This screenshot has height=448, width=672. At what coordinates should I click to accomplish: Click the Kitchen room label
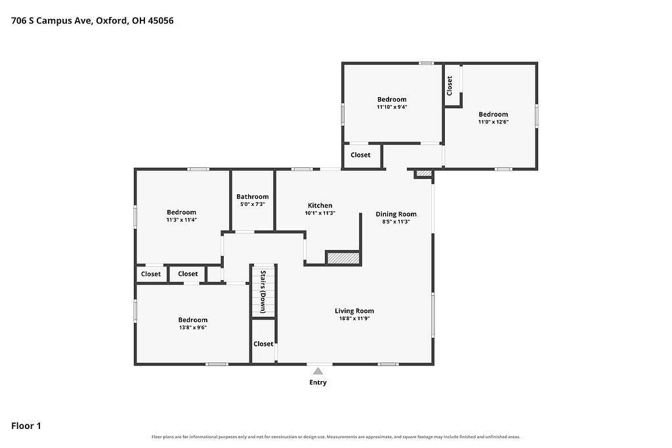(x=320, y=205)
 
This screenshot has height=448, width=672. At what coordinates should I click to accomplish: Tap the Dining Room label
(x=396, y=214)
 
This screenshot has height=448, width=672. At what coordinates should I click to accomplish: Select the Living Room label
(x=354, y=311)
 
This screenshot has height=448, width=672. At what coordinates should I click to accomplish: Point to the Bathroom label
(x=253, y=197)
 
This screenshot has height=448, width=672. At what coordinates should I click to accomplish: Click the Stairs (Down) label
(x=263, y=292)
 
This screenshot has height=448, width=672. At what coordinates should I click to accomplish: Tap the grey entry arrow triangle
(x=318, y=371)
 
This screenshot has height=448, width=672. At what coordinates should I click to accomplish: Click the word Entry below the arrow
(x=318, y=382)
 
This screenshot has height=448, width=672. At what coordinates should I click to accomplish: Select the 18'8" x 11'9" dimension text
(x=354, y=319)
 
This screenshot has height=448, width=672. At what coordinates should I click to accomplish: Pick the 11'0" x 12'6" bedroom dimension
(x=493, y=121)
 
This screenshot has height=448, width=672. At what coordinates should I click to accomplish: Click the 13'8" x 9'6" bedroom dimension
(x=193, y=328)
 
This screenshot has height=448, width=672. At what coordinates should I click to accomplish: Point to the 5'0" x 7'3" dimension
(x=253, y=204)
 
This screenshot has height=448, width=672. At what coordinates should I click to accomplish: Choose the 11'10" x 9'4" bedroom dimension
(x=392, y=107)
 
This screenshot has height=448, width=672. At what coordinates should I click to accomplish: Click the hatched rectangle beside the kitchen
(x=343, y=258)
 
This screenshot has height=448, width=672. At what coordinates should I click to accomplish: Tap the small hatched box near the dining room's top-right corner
(x=425, y=173)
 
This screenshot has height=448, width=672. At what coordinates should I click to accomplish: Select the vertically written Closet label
(x=449, y=86)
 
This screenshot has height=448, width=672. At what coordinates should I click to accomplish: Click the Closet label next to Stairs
(x=263, y=344)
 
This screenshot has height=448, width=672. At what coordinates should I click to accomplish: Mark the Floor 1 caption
(x=26, y=426)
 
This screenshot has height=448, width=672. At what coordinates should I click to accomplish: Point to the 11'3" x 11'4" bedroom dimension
(x=181, y=220)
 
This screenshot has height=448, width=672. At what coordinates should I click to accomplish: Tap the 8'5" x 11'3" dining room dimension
(x=396, y=222)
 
